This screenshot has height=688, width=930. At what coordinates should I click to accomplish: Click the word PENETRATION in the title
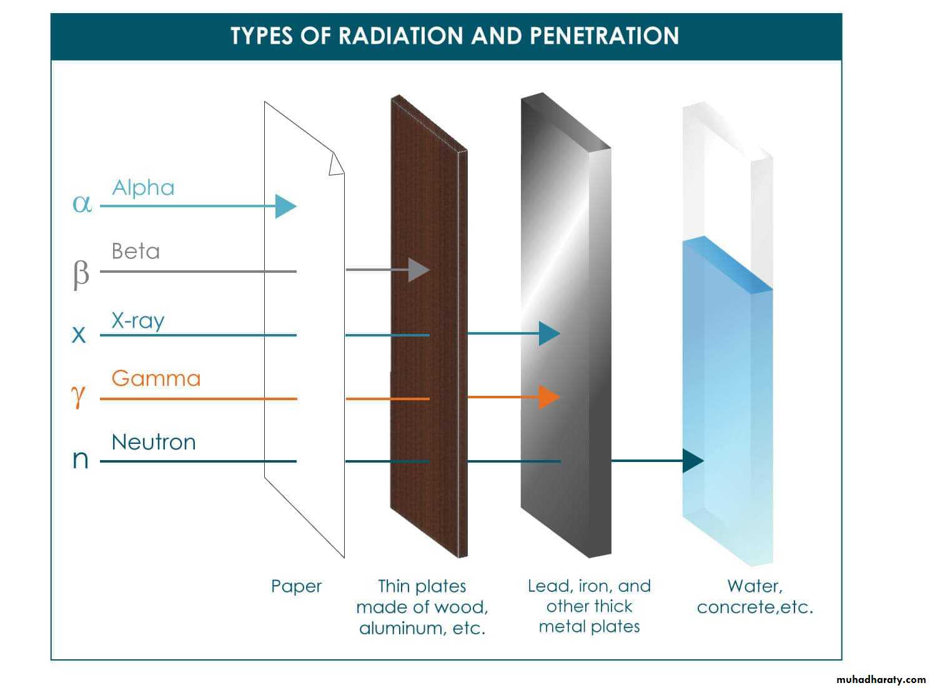point(604,36)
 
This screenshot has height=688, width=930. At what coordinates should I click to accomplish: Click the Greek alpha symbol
point(82,204)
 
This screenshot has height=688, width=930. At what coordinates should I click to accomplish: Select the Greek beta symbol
point(81,275)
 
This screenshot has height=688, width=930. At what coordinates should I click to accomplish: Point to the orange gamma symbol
point(78,396)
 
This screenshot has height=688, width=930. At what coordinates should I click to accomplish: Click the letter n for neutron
point(80,459)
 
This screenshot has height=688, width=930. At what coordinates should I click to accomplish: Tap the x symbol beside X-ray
point(79,335)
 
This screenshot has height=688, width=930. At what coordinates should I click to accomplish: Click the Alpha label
point(143,188)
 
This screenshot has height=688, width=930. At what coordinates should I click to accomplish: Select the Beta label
point(136,251)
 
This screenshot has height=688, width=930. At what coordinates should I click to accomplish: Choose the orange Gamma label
point(156,378)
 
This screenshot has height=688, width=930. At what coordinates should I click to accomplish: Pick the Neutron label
point(154,442)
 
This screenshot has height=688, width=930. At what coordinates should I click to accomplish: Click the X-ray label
point(138,321)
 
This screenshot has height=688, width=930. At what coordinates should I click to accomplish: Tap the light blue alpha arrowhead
point(285,206)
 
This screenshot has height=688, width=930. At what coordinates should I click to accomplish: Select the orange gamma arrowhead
point(549,397)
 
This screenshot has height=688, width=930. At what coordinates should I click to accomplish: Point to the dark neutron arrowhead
point(693,461)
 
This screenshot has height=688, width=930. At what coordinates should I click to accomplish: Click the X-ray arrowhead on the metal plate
point(550,333)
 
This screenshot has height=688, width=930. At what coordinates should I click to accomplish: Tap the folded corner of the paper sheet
point(336,164)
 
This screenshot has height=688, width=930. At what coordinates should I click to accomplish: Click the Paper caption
point(296,586)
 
